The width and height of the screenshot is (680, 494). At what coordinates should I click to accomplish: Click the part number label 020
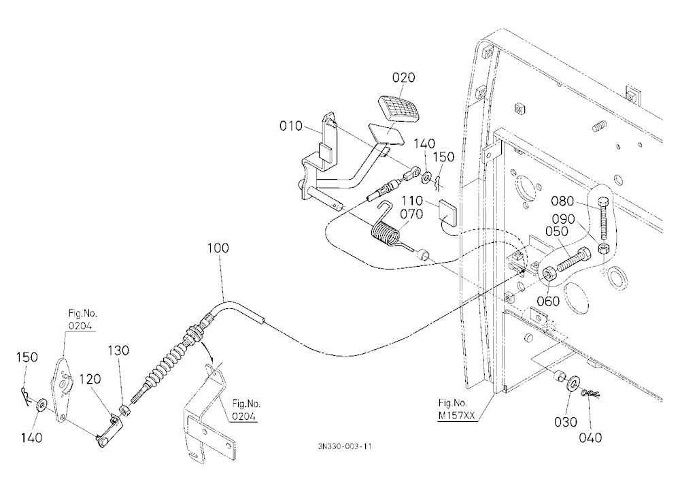pos(403,78)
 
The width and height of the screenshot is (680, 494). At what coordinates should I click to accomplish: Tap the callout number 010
pos(290,126)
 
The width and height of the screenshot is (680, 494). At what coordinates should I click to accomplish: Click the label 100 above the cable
pos(218,248)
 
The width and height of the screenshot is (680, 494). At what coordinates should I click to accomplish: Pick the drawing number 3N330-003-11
pos(344,446)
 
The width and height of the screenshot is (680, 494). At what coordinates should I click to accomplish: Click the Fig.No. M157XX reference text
pos(456,409)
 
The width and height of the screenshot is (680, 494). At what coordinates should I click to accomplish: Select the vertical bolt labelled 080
pos(602,220)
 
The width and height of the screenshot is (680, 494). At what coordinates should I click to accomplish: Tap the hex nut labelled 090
pos(603,249)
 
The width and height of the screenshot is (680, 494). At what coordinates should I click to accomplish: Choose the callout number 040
pos(590,438)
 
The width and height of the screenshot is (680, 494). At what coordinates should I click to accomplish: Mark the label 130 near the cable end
pos(118,350)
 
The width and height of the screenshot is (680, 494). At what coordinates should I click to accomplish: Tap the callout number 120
pos(90,379)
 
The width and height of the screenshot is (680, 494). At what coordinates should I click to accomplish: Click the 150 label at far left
pos(27,357)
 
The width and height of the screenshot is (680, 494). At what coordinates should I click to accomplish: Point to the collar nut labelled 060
pos(549,274)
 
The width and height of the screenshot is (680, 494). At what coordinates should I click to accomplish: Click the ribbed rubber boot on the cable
pos(169,361)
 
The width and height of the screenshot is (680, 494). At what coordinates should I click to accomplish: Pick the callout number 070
pos(411,214)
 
